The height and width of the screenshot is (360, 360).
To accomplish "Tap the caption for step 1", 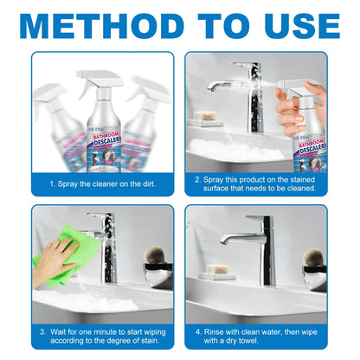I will tap(103, 184).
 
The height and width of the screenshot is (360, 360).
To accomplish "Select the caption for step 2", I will tap(257, 184).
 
